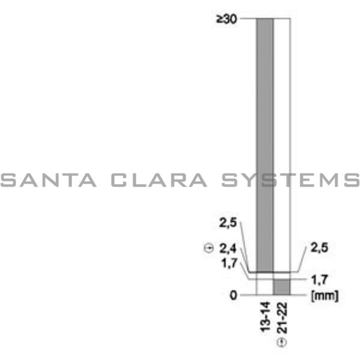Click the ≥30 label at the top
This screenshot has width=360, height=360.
(x=226, y=19)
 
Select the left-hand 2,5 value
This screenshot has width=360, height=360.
(x=228, y=223)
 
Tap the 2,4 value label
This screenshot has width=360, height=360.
(x=228, y=248)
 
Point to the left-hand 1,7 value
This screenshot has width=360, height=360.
(x=229, y=263)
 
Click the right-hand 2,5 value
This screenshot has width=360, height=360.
(x=319, y=248)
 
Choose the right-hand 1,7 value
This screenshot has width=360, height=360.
(x=319, y=280)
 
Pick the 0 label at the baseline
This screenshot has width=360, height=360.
(x=233, y=295)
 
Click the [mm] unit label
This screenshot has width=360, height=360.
(x=325, y=296)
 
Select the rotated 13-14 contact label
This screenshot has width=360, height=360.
(x=265, y=317)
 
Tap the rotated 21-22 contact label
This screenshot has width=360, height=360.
(x=282, y=318)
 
